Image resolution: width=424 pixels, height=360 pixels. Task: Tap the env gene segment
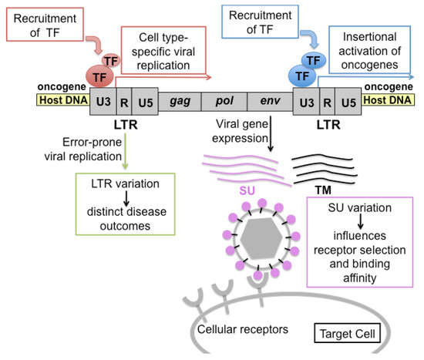point(269,101)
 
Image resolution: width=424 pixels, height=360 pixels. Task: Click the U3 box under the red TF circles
point(103,101)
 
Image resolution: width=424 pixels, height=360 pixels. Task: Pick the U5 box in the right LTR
point(348,101)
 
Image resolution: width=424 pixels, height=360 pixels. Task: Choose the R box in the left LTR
point(125,101)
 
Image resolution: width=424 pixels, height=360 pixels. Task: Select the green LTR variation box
point(124,203)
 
